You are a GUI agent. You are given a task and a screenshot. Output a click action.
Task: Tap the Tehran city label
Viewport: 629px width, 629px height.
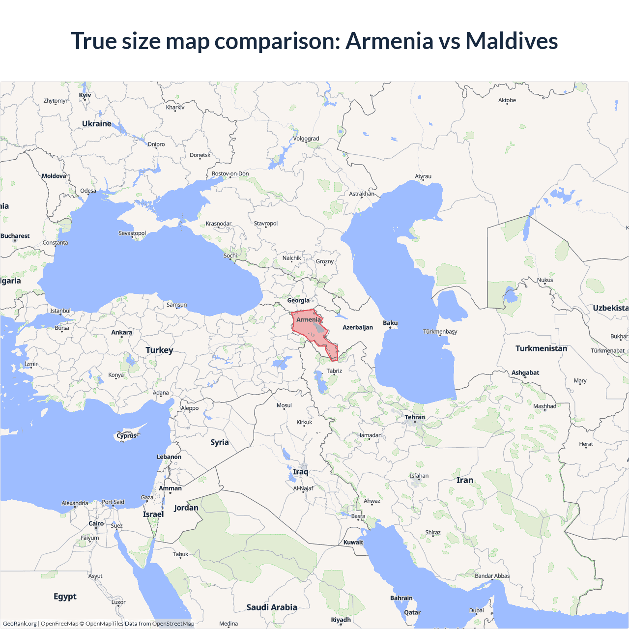(415, 417)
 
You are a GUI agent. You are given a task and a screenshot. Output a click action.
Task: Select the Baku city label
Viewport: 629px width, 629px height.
(390, 323)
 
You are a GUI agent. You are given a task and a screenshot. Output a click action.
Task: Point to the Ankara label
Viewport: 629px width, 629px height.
(121, 332)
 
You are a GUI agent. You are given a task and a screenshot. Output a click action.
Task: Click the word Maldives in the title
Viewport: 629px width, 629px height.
(512, 41)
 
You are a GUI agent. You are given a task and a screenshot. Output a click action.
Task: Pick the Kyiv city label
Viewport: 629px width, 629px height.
(85, 95)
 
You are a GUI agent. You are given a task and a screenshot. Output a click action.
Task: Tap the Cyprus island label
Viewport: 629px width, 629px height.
(126, 435)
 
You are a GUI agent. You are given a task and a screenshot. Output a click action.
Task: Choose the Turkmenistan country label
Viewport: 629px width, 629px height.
(541, 348)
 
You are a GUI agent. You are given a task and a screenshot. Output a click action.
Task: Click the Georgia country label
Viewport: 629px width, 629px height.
(298, 300)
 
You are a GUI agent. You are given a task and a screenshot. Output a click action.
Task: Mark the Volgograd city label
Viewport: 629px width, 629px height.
(306, 139)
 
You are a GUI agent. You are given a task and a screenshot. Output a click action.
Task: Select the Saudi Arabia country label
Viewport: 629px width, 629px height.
(272, 607)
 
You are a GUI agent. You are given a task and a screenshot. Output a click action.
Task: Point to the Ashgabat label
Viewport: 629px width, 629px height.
(525, 372)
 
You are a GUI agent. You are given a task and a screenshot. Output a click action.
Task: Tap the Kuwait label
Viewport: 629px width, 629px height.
(353, 543)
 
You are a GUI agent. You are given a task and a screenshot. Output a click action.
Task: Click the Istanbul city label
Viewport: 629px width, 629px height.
(60, 311)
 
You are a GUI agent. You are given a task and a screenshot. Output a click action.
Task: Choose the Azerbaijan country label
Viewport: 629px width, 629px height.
(358, 327)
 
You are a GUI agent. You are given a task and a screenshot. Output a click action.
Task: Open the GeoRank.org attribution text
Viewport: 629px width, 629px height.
(20, 624)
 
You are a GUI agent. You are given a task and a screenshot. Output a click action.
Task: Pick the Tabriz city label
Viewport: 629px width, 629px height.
(334, 371)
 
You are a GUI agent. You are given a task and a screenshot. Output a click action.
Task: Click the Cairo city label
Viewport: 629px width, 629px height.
(96, 523)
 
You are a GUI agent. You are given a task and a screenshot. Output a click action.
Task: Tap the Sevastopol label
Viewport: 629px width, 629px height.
(132, 233)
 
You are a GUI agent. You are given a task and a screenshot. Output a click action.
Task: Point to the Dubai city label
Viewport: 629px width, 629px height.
(476, 610)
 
